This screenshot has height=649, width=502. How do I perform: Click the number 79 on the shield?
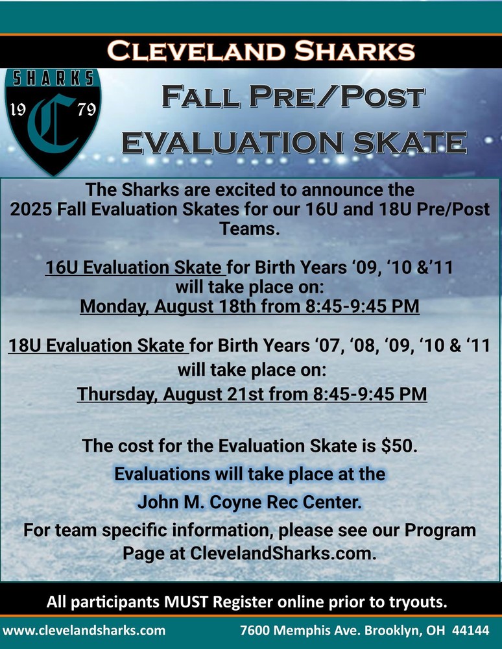point(86,110)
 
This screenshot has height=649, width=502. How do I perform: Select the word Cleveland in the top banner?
point(197,51)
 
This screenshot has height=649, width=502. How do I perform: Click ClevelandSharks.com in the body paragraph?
point(283,554)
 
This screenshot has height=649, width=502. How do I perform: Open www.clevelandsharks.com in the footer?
point(84,630)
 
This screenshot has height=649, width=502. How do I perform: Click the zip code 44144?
point(471,630)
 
